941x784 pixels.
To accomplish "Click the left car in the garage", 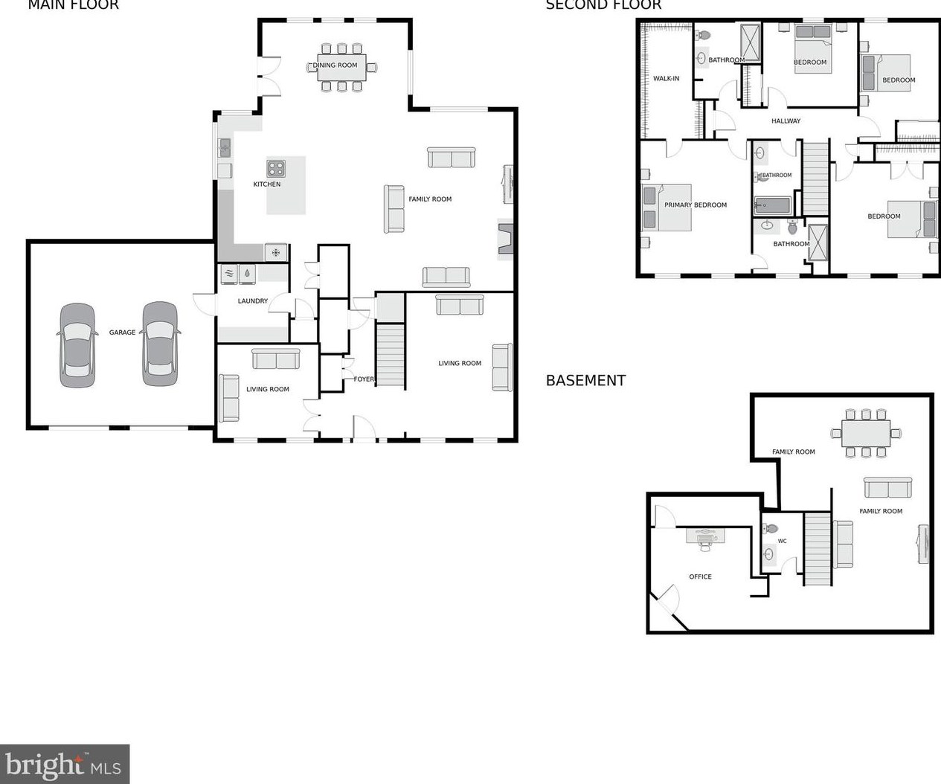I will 77,345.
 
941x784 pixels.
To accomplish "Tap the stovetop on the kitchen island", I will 277,168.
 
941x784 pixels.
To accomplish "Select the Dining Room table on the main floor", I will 341,66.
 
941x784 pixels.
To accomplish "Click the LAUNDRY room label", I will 253,301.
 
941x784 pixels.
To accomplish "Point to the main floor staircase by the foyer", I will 390,355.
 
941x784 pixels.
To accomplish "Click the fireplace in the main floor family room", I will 505,240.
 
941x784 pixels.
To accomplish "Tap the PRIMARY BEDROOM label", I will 695,205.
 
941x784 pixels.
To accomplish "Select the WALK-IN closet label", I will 666,79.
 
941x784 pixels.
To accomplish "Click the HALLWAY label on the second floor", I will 786,121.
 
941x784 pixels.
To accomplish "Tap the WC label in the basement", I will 782,542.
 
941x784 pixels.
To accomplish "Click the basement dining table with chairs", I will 866,433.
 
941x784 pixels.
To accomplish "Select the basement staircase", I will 817,548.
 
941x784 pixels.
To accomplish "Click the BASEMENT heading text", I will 585,381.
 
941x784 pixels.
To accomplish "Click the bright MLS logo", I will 65,764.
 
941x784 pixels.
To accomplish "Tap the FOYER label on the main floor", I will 364,379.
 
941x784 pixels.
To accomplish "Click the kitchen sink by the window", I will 224,148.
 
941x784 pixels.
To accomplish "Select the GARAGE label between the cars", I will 122,332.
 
